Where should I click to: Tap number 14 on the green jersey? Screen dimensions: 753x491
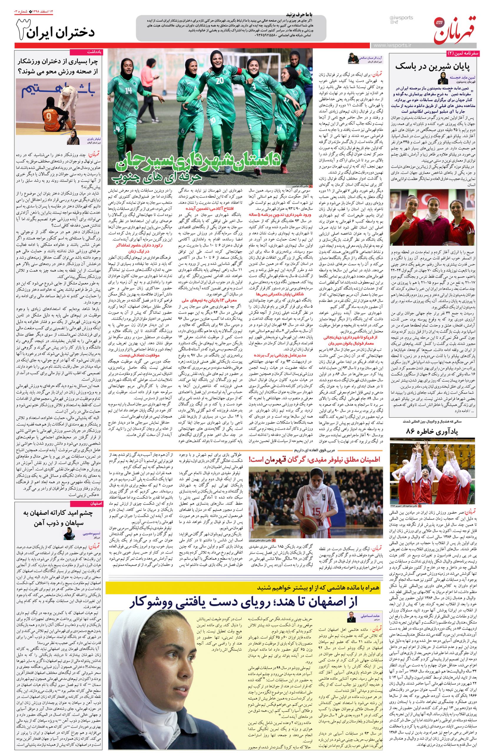click(x=128, y=91)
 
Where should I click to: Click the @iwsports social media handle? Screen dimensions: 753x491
click(x=402, y=18)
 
